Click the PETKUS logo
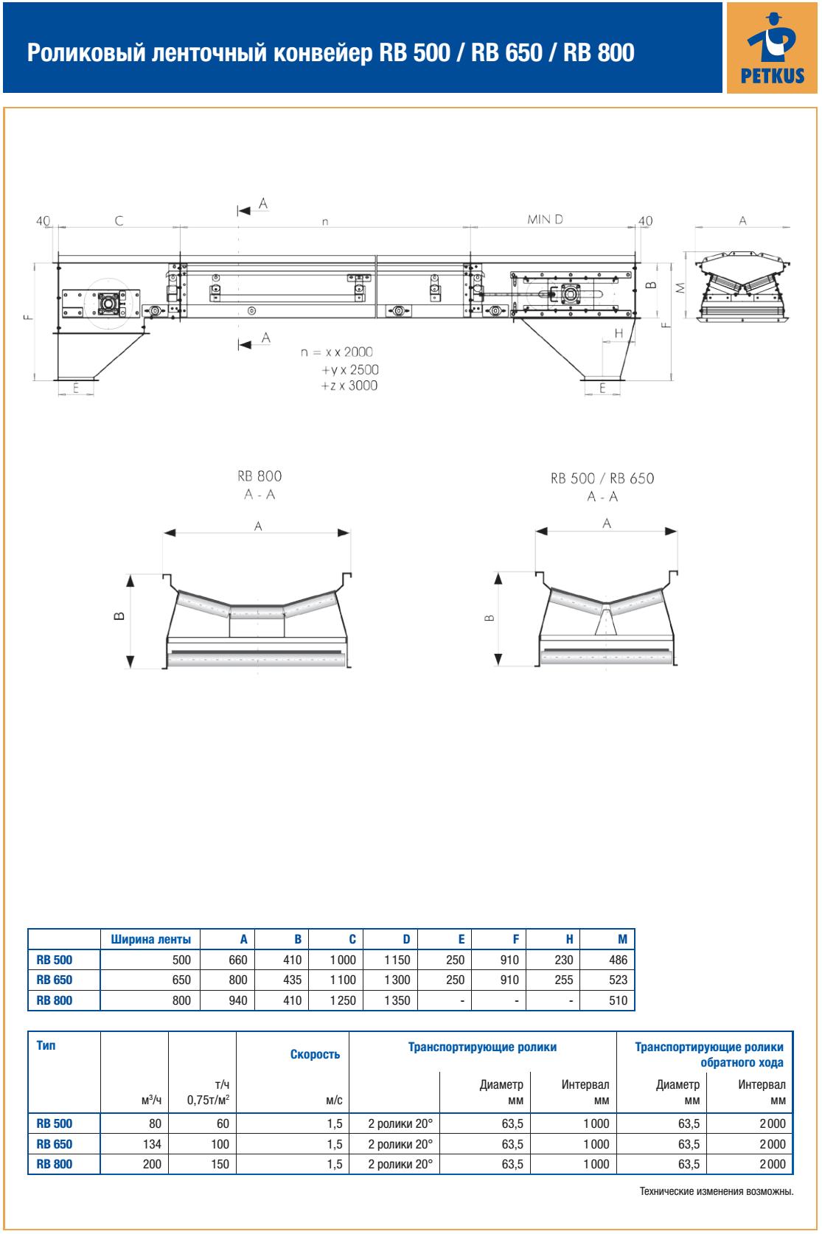(772, 48)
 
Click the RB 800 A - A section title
(260, 485)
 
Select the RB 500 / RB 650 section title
(602, 478)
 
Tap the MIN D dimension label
(545, 219)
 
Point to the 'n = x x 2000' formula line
(337, 352)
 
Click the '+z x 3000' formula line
(349, 386)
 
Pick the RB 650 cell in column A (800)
(238, 980)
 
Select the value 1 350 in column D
(397, 1000)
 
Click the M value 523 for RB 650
(618, 980)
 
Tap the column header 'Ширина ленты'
(151, 939)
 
